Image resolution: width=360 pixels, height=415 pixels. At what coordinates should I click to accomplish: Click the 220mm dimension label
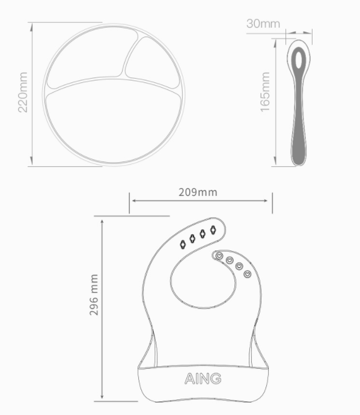[x=23, y=92]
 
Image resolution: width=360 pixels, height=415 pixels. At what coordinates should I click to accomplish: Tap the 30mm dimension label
[x=263, y=24]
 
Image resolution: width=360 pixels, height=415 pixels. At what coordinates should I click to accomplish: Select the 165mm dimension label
[x=265, y=92]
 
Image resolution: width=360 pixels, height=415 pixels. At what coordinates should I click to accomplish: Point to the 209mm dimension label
[x=198, y=192]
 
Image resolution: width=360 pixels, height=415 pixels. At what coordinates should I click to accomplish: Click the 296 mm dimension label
[x=94, y=295]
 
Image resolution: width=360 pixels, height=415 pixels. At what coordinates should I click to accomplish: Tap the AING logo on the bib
[x=203, y=378]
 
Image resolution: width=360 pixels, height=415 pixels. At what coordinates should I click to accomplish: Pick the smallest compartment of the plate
[x=152, y=62]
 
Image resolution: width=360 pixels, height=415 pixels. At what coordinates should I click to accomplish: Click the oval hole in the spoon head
[x=299, y=59]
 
